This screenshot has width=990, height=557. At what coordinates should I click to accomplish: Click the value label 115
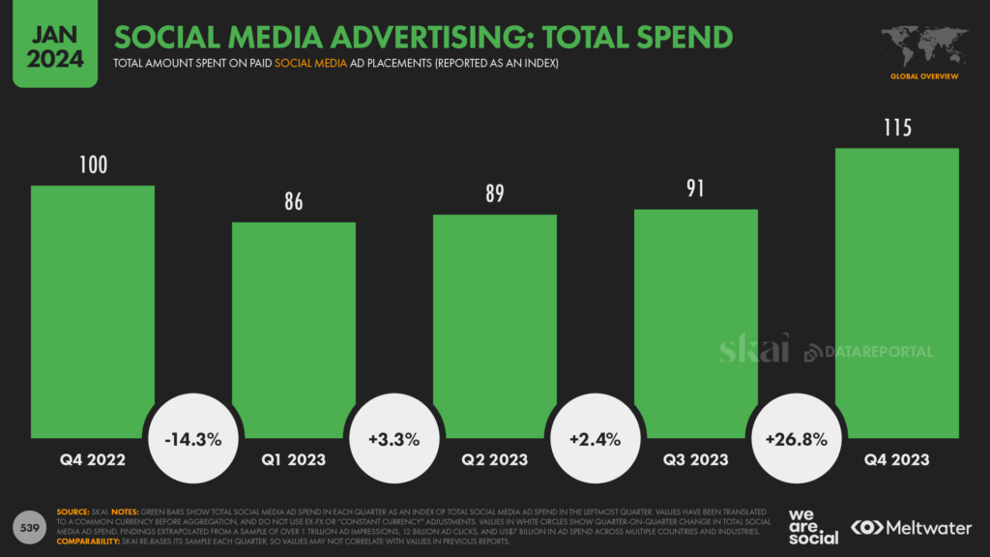pyautogui.click(x=897, y=128)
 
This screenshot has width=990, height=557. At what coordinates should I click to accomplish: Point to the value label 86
pyautogui.click(x=294, y=202)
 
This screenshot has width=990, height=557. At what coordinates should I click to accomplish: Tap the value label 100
pyautogui.click(x=93, y=165)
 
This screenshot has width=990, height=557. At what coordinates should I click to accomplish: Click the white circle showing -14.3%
pyautogui.click(x=193, y=439)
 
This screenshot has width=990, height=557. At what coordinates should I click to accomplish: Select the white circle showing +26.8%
pyautogui.click(x=797, y=439)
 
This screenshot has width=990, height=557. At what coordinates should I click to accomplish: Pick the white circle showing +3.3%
pyautogui.click(x=394, y=439)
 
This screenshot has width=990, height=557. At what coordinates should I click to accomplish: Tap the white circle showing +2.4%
pyautogui.click(x=596, y=439)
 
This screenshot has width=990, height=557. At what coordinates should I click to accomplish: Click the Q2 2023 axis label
pyautogui.click(x=495, y=460)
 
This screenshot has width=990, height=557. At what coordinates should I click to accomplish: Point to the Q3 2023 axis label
pyautogui.click(x=696, y=460)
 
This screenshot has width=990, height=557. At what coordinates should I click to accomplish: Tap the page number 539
pyautogui.click(x=30, y=526)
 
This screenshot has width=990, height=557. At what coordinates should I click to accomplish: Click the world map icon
pyautogui.click(x=923, y=45)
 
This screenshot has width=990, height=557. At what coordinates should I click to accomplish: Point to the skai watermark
pyautogui.click(x=754, y=348)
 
